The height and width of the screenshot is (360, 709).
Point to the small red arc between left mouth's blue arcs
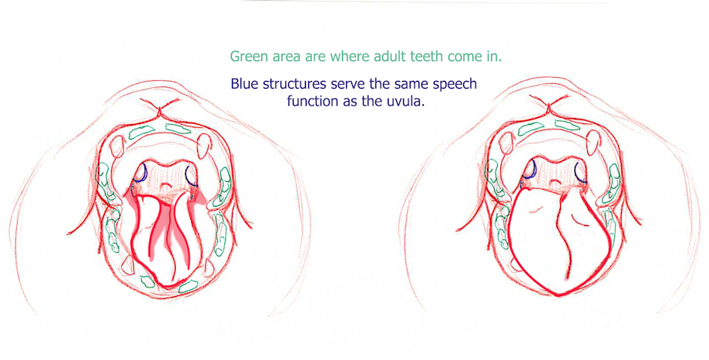(x=166, y=185)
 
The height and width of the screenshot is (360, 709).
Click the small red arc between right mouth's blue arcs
(x=555, y=182)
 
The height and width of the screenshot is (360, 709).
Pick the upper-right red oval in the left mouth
(x=204, y=145)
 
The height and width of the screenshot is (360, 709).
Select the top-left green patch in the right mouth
(x=530, y=129)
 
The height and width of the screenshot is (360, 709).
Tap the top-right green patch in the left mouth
(x=178, y=129)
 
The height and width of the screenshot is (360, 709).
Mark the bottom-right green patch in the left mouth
(x=188, y=286)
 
